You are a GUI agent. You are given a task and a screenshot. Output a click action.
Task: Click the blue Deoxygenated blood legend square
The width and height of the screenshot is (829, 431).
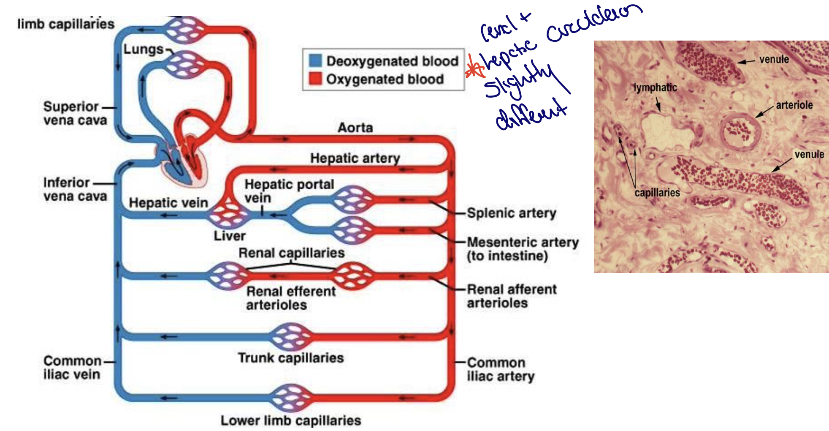pyautogui.click(x=315, y=60)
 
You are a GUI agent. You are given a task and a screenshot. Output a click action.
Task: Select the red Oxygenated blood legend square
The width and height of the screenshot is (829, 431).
pyautogui.click(x=315, y=79)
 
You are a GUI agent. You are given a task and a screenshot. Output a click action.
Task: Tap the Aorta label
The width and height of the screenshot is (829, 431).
pyautogui.click(x=355, y=127)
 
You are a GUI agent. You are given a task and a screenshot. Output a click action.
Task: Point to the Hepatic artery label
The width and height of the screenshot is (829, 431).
pyautogui.click(x=355, y=158)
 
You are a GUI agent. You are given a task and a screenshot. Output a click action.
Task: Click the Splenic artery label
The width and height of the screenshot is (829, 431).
pyautogui.click(x=512, y=213)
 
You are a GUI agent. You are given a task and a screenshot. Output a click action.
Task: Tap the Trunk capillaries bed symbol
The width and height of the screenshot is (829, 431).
pyautogui.click(x=291, y=337)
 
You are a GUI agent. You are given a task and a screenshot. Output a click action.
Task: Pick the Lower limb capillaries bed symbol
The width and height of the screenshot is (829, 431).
pyautogui.click(x=291, y=398)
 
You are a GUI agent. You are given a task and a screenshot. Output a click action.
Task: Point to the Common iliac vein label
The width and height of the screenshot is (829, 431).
pyautogui.click(x=72, y=368)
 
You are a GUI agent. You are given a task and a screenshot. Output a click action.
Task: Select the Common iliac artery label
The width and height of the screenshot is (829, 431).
pyautogui.click(x=500, y=369)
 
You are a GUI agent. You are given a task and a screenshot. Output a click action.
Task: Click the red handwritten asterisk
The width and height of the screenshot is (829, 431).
pyautogui.click(x=475, y=68)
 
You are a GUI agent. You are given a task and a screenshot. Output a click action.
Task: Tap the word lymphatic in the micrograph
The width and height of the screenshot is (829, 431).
pyautogui.click(x=655, y=87)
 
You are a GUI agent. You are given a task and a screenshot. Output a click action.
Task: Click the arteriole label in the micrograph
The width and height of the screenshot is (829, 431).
pyautogui.click(x=794, y=105)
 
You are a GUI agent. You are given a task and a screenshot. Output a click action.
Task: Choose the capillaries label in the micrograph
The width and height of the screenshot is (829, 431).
pyautogui.click(x=657, y=193)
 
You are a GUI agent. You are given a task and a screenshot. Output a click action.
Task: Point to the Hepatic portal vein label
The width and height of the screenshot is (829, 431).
pyautogui.click(x=289, y=191)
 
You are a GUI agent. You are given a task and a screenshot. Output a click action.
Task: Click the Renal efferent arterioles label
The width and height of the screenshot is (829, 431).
pyautogui.click(x=291, y=298)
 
